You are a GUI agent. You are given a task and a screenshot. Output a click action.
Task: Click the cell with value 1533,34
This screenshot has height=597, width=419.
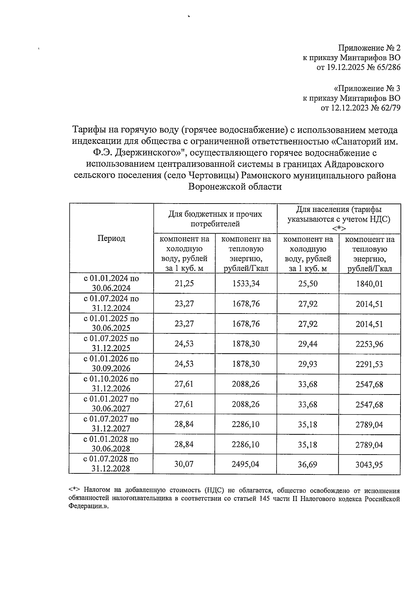tap(246, 283)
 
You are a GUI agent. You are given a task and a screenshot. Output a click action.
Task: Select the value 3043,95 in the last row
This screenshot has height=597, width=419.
tap(369, 465)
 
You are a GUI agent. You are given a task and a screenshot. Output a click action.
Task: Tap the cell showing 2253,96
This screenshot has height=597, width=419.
tap(369, 344)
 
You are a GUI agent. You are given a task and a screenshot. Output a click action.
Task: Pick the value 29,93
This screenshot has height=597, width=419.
tap(308, 364)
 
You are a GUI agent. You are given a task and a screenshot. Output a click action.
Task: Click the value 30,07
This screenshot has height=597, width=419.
tap(184, 464)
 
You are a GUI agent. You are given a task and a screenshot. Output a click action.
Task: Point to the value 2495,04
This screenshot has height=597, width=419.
tap(246, 464)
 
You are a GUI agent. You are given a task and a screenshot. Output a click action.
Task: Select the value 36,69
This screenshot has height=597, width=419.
tap(308, 465)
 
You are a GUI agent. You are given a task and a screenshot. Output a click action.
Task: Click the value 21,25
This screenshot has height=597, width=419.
tap(184, 283)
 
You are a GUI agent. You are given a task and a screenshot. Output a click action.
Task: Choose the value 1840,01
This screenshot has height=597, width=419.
tap(369, 284)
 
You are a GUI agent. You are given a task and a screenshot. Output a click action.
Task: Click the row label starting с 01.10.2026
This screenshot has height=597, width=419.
tap(111, 384)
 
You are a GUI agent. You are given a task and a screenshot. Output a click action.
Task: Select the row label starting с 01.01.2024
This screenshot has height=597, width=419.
tap(111, 283)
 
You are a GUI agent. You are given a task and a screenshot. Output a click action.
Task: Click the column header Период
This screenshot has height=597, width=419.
tap(111, 238)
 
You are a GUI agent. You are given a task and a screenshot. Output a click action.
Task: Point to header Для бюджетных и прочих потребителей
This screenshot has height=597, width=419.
tap(215, 219)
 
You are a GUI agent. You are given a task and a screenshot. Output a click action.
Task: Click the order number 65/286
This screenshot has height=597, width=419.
tap(388, 67)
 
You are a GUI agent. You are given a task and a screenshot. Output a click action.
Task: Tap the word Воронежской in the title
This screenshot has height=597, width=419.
tap(216, 187)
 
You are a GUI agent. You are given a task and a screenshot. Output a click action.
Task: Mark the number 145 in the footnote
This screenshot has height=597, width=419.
tap(264, 499)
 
